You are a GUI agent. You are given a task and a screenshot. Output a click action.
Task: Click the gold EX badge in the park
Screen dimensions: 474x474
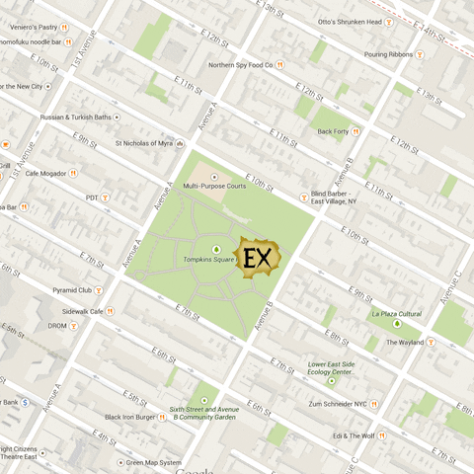coord(258,259)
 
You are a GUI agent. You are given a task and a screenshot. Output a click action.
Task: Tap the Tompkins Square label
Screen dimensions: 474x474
coord(208,260)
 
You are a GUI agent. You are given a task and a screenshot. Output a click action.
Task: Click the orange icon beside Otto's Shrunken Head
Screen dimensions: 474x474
coord(389,22)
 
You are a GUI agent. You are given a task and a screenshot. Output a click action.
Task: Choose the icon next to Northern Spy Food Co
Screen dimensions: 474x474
coord(280,65)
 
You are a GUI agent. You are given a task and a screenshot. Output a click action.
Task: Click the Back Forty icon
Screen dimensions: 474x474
coord(356,130)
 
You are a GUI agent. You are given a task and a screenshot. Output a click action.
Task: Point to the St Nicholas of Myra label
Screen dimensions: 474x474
coord(150,143)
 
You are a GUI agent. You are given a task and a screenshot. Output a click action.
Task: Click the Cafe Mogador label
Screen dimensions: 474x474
coord(44,173)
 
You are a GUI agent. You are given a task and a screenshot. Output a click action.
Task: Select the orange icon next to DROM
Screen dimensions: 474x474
coord(74,326)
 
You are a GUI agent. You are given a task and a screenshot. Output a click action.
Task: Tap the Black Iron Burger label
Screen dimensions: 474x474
coord(130,417)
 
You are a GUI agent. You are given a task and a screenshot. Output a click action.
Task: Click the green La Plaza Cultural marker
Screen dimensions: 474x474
coord(397,323)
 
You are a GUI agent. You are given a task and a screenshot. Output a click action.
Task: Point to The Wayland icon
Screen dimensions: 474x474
coord(431,343)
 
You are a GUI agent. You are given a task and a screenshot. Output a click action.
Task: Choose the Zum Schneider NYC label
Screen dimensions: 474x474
coord(337,403)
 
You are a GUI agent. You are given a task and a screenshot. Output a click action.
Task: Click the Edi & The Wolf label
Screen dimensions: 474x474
coord(353,435)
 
